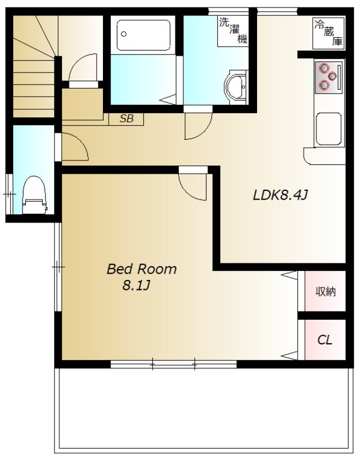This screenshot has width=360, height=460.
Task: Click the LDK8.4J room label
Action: pos(280,195)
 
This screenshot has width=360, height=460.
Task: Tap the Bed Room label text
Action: pos(141,269)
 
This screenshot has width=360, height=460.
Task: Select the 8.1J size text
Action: pos(136,285)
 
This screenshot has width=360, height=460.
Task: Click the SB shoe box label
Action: pos(127,118)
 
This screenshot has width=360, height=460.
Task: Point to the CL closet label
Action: pos(325,340)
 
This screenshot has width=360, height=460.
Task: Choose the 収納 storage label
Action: pos(325,292)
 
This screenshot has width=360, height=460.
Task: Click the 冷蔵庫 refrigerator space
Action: pos(328,33)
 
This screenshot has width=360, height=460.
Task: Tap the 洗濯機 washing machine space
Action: pos(233,31)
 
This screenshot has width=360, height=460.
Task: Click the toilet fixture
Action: pos(35,195)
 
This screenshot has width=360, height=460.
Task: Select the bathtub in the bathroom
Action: pos(143,35)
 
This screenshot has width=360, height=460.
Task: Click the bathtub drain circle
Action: pos(124,34)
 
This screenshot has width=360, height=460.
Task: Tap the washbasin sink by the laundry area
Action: pos(236,87)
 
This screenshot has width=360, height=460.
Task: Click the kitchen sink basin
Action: pos(328,129)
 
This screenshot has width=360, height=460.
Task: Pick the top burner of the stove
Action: pos(324,68)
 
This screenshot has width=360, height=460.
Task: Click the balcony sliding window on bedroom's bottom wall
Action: pos(174,365)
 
